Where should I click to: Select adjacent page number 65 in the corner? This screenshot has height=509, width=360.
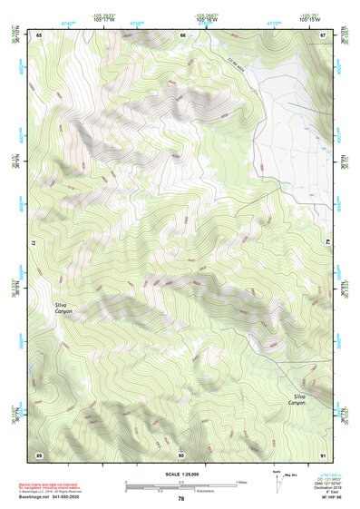[x=39, y=35]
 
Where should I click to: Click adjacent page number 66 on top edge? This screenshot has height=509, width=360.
[x=182, y=35]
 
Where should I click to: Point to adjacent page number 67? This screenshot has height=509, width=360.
[x=324, y=35]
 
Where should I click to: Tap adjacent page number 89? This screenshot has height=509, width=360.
[x=39, y=454]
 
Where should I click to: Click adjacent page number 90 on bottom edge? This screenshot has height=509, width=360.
[x=181, y=454]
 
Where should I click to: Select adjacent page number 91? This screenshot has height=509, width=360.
[x=324, y=454]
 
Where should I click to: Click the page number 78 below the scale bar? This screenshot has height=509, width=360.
[x=180, y=499]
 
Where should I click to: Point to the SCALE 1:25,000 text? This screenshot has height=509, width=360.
[x=180, y=474]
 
